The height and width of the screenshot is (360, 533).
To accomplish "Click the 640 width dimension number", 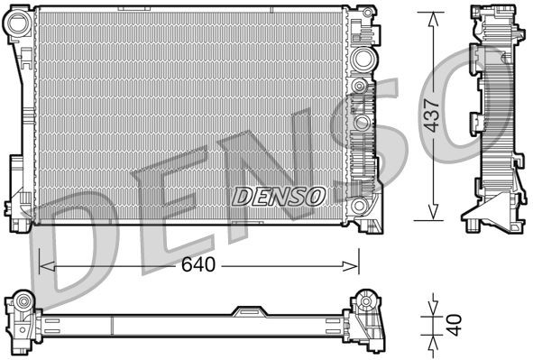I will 200,265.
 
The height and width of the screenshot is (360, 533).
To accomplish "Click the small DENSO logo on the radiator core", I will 279,194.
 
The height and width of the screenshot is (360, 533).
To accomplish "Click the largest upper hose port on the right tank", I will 363,60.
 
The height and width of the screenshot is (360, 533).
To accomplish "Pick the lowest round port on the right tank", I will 362,122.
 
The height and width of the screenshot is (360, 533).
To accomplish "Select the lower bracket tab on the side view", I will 473,124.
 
